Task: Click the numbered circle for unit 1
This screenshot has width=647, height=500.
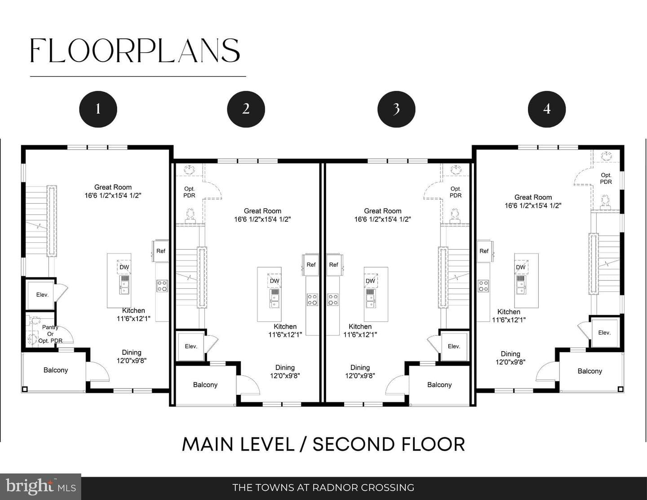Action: [98, 109]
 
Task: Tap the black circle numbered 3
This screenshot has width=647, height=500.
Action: [396, 109]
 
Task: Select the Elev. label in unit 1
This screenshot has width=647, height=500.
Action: [42, 295]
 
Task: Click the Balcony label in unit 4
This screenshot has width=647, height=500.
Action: [590, 371]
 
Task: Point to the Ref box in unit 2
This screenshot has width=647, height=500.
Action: [311, 264]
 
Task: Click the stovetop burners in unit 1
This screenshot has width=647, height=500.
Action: [162, 286]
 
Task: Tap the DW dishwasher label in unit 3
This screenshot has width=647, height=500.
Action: [370, 281]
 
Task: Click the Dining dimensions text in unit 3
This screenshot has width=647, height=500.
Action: [360, 376]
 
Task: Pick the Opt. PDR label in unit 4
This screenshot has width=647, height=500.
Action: [606, 179]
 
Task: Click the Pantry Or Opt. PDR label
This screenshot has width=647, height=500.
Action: [50, 334]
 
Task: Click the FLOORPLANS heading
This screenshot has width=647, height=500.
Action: [135, 50]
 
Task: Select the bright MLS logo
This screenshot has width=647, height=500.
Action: [40, 487]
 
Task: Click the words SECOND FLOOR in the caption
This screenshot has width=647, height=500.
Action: [389, 444]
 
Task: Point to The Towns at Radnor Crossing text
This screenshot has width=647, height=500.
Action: [323, 487]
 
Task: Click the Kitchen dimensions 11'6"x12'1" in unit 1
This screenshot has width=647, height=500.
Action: [133, 318]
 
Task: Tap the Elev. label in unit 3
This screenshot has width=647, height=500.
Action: [454, 346]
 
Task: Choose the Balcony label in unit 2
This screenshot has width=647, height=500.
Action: [205, 385]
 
